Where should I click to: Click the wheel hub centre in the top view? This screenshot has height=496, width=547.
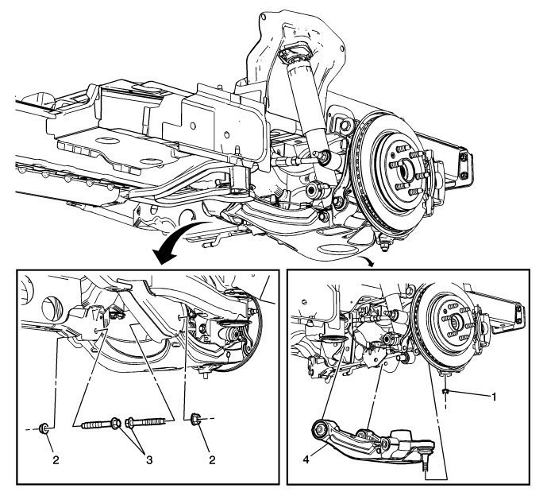pos(404,168)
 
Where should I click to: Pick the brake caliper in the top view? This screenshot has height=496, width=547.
pos(437,179)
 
